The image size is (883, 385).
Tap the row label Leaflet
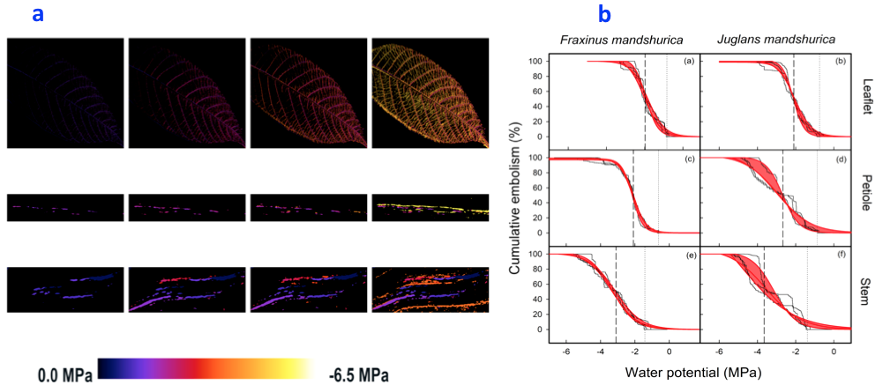pos(867,99)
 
